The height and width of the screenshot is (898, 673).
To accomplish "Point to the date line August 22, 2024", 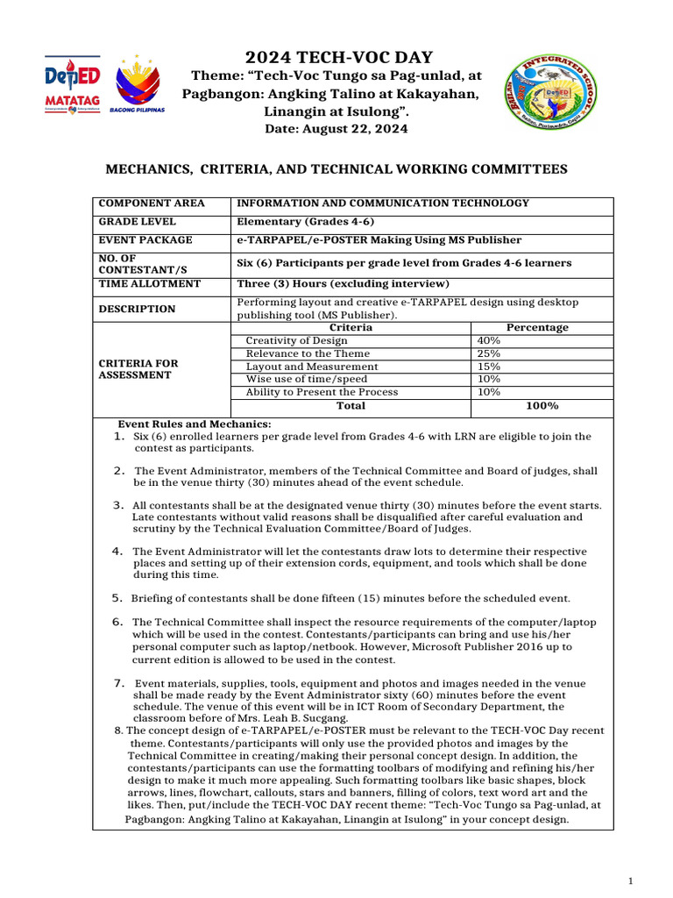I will click(336, 129).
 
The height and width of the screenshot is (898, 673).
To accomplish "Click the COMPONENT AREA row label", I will click(152, 203).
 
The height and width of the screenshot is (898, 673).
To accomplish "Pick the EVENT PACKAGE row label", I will click(145, 240).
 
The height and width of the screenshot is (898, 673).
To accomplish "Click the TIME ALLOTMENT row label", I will click(149, 284).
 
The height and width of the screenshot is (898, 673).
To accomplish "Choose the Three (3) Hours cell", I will click(343, 284).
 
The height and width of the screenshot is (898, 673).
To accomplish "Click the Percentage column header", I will click(537, 328).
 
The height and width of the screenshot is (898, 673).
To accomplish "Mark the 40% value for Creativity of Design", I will click(488, 340).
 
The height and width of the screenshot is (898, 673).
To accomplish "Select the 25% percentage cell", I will click(488, 353).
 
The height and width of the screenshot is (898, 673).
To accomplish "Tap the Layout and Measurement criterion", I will click(312, 367).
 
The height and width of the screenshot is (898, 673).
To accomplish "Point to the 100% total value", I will click(542, 406).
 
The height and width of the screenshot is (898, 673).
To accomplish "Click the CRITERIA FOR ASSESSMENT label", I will click(138, 368).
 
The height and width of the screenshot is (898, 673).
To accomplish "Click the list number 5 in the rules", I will click(117, 598).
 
